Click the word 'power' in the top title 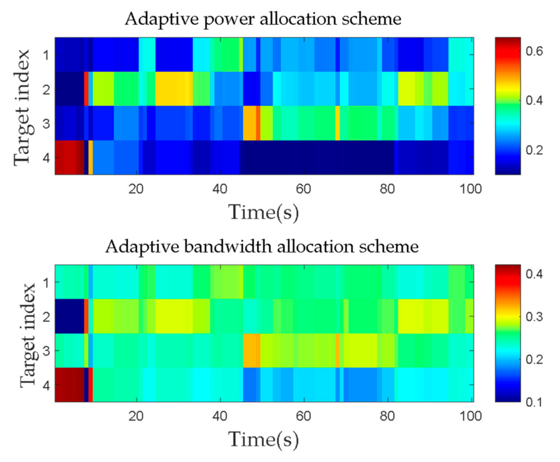[x=228, y=19]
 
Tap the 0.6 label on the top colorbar [x=534, y=51]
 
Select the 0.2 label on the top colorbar [x=534, y=150]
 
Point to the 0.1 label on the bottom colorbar [x=534, y=402]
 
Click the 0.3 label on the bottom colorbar [x=534, y=316]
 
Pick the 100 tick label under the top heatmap [x=471, y=189]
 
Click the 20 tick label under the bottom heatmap [x=136, y=416]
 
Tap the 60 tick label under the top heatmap [x=303, y=189]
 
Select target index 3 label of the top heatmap [x=46, y=124]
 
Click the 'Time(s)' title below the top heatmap [x=264, y=212]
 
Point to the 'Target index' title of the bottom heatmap [x=28, y=335]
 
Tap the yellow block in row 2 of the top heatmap [x=174, y=89]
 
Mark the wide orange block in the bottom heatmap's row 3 [x=251, y=351]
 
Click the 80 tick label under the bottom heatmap [x=387, y=416]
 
